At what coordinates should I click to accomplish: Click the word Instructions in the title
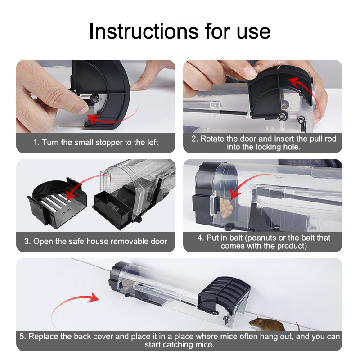click(x=144, y=31)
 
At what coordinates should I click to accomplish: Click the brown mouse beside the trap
click(x=267, y=324)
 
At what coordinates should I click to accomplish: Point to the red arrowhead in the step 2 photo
click(x=294, y=82)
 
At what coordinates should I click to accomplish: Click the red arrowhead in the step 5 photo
click(x=94, y=297)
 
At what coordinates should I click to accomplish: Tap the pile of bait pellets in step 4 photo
click(x=226, y=208)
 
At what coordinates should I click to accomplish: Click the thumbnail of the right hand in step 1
click(x=137, y=86)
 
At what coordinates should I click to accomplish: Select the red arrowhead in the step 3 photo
click(x=72, y=195)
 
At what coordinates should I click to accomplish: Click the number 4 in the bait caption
click(x=199, y=238)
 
